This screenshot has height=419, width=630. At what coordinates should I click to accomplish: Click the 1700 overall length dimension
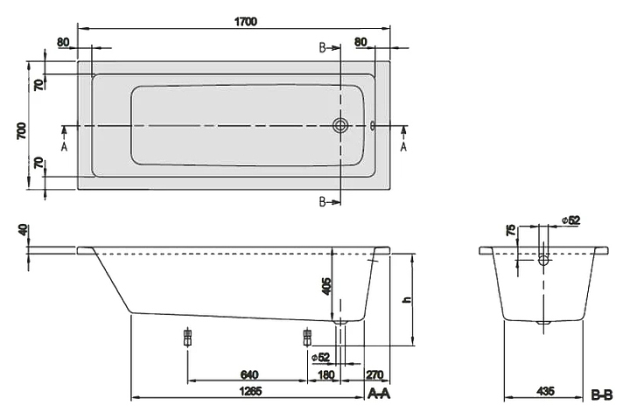(246, 21)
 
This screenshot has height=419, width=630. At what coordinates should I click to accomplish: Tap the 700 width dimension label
(21, 131)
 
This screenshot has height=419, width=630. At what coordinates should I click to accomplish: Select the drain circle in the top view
(339, 125)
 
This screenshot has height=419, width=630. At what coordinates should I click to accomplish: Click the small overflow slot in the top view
(372, 126)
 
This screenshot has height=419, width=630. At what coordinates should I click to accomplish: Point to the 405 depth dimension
(326, 286)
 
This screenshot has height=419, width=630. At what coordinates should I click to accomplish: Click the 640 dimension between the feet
(249, 374)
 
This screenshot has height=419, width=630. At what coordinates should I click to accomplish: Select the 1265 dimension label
(251, 391)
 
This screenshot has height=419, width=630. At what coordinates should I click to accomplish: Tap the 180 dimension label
(325, 374)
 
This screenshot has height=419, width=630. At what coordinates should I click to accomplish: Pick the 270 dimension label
(374, 374)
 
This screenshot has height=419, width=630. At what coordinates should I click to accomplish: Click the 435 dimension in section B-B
(545, 390)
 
